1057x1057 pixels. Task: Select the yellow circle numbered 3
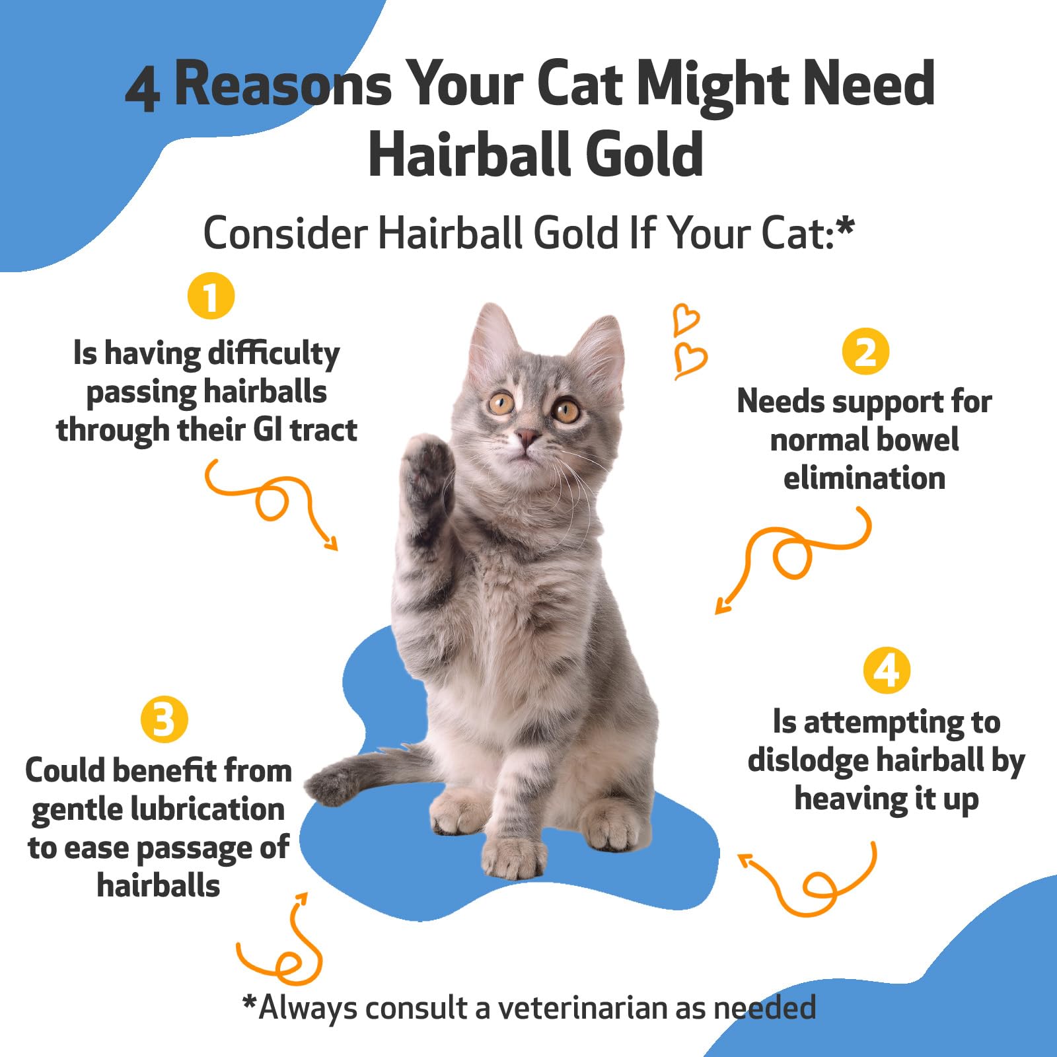(164, 719)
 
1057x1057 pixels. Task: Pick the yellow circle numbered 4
(887, 671)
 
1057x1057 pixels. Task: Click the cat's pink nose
(527, 436)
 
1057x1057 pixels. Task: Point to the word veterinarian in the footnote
(582, 1008)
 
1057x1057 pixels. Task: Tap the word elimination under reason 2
(864, 478)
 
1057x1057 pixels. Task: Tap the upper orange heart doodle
(686, 319)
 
